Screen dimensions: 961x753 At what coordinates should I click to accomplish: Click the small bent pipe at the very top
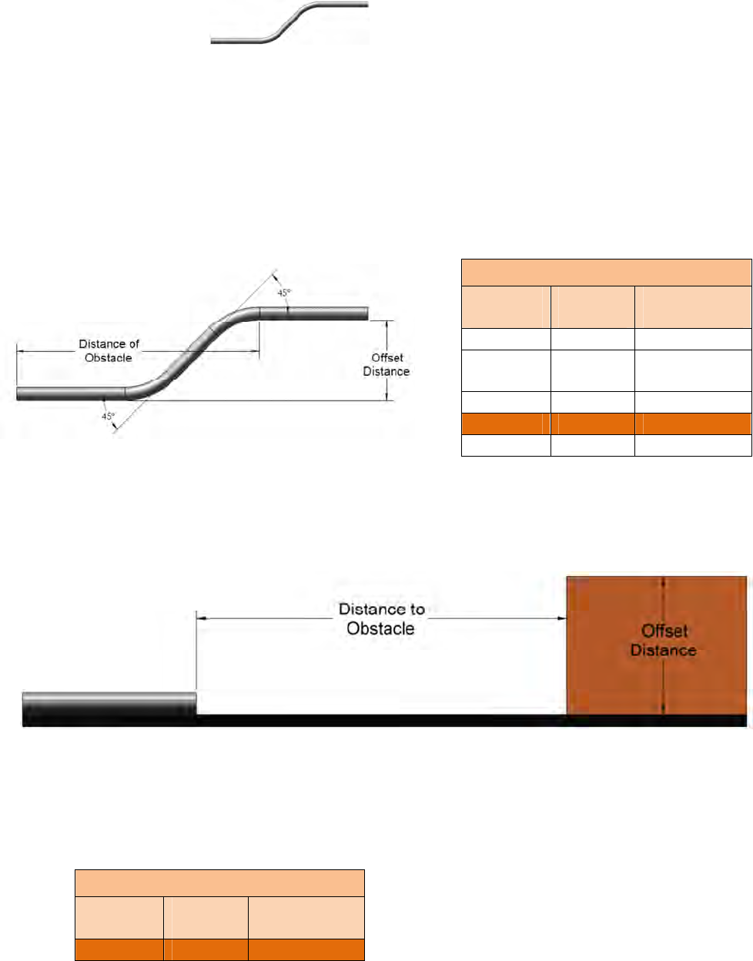tap(289, 24)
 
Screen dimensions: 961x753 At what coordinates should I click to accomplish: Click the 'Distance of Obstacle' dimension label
tap(109, 350)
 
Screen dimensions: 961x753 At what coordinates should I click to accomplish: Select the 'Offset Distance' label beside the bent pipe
tap(387, 364)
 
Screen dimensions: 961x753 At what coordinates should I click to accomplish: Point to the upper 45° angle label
tap(284, 293)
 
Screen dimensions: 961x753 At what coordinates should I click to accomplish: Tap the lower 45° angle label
tap(108, 416)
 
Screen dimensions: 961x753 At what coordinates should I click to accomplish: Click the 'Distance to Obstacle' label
tap(381, 619)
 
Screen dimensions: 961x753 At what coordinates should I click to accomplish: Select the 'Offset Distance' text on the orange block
tap(664, 641)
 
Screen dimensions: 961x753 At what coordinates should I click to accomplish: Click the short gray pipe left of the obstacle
tap(109, 704)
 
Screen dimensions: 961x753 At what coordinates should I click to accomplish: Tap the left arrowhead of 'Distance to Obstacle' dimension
tap(202, 618)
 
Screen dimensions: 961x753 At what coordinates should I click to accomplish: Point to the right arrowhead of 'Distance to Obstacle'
tap(561, 618)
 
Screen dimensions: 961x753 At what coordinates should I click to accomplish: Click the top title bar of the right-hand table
tap(606, 273)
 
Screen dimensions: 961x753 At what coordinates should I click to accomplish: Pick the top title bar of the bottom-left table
tap(219, 882)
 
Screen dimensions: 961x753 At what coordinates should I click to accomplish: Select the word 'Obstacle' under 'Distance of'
tap(109, 358)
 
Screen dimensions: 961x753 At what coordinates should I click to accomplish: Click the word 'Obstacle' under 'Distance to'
tap(380, 629)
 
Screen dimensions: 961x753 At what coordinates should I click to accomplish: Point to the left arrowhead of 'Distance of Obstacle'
tap(21, 351)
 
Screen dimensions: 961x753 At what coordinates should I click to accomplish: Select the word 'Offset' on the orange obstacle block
tap(664, 631)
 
